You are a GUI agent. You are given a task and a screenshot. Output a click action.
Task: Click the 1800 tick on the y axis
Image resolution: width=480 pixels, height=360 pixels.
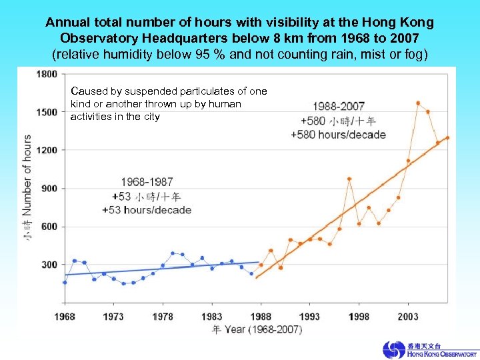coord(46,75)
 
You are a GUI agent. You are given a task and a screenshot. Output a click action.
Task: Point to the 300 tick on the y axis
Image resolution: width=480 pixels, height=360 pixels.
coord(49,265)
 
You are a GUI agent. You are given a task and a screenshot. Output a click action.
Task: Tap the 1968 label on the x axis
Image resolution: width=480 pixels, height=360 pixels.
coord(65,317)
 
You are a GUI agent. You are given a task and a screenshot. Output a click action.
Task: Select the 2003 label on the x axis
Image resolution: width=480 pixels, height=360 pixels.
coord(408,317)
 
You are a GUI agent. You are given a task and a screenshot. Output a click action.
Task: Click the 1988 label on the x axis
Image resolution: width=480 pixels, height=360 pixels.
coord(261,317)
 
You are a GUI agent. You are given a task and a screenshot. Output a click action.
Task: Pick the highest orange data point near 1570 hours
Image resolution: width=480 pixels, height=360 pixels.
coord(418,103)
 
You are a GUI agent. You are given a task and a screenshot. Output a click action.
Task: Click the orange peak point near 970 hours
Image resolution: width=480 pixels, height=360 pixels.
coord(349,179)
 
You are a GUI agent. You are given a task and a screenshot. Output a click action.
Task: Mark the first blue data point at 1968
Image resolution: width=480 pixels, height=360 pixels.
coord(65,282)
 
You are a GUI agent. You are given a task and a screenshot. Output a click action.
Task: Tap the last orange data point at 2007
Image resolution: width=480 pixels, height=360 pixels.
coord(447,138)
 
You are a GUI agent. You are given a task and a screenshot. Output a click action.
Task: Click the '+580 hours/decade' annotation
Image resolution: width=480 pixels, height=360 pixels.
coord(338,135)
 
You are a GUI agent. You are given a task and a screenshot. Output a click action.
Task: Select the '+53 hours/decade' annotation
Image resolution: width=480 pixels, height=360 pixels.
coord(147,210)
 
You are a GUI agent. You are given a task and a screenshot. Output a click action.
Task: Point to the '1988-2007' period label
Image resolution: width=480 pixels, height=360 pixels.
coord(339,107)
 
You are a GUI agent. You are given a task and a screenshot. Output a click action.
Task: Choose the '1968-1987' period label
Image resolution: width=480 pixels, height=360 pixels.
coord(147,182)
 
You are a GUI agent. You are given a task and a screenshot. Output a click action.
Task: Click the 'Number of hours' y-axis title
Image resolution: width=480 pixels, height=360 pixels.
coord(27,175)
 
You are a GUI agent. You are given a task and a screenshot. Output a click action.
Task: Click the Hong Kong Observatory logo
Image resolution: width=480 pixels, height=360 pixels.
coord(430,349)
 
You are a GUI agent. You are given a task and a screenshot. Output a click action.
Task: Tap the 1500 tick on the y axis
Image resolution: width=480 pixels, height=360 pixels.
coord(46,113)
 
